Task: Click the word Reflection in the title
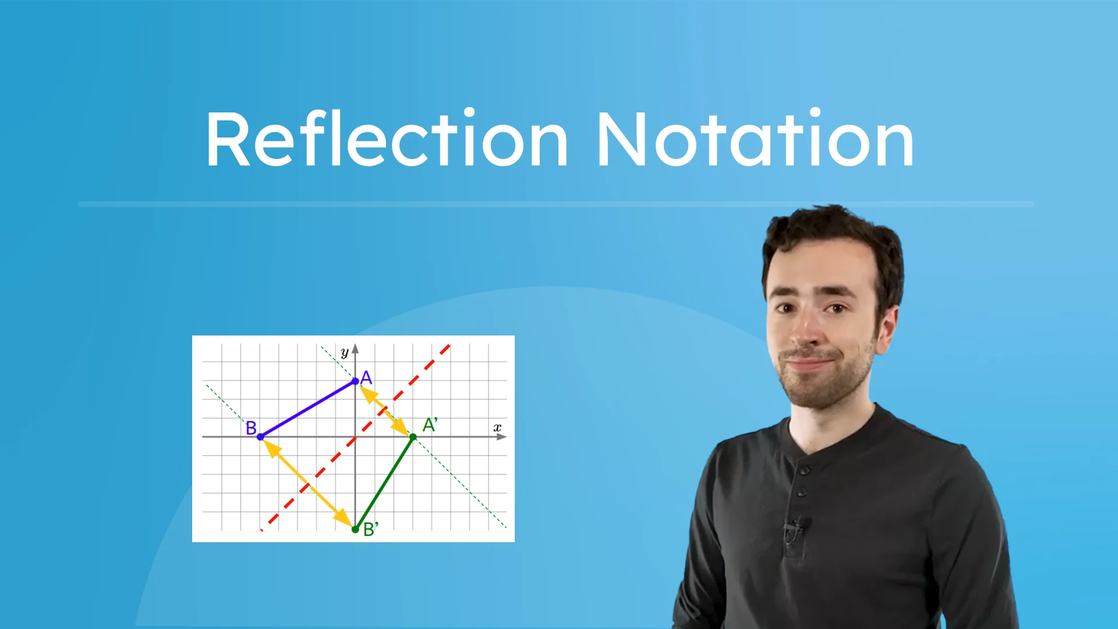click(x=387, y=140)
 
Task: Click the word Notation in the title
click(x=755, y=140)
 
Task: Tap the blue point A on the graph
click(x=355, y=381)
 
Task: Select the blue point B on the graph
click(x=260, y=436)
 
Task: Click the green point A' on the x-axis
click(x=413, y=437)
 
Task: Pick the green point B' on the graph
click(x=355, y=529)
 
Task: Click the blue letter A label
click(x=366, y=378)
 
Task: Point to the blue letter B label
click(x=251, y=428)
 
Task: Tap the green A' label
click(x=430, y=425)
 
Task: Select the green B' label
click(x=370, y=529)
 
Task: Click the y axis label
click(x=344, y=352)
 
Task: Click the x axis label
click(x=497, y=427)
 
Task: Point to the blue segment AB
click(x=307, y=409)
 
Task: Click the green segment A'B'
click(x=384, y=483)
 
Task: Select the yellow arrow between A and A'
click(x=384, y=409)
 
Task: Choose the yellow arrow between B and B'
click(x=307, y=483)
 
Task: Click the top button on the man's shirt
click(x=804, y=471)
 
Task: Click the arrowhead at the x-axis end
click(x=501, y=437)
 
